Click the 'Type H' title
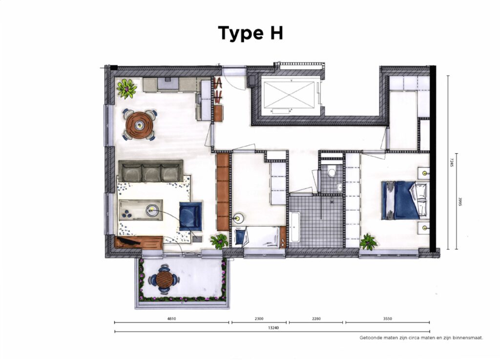tap(250, 34)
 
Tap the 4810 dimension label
tap(171, 319)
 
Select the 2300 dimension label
tap(259, 319)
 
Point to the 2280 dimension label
tap(316, 319)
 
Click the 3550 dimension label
tap(387, 319)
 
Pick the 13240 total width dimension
tap(273, 327)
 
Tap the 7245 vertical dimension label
tap(451, 163)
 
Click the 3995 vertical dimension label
tap(460, 201)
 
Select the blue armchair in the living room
tap(190, 216)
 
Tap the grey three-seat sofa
tap(151, 171)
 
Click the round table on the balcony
tap(164, 280)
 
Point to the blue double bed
tap(404, 200)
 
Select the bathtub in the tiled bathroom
tap(294, 226)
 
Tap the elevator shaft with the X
tap(290, 95)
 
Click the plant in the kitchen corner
tap(126, 88)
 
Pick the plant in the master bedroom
tap(368, 242)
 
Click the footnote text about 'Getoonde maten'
tap(421, 338)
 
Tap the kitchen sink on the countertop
tap(168, 83)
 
